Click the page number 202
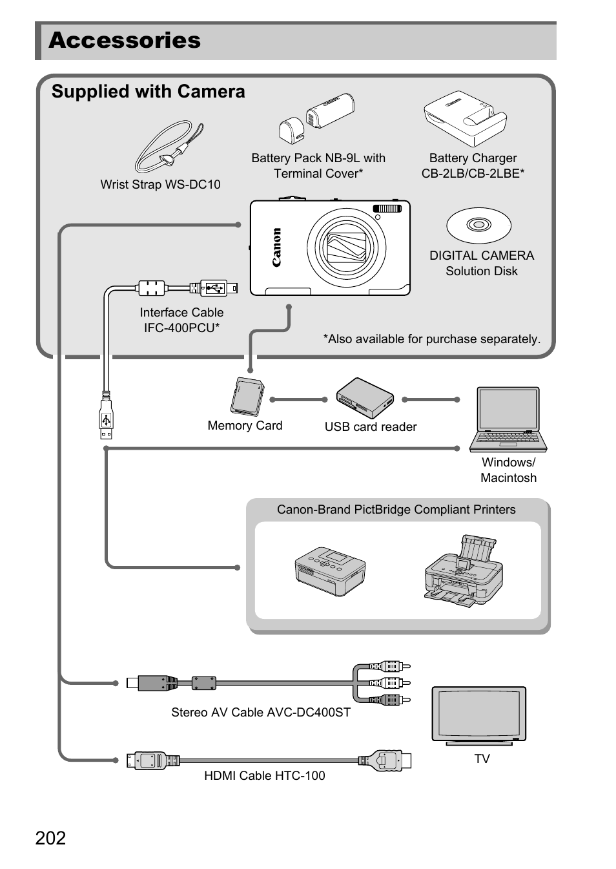(x=50, y=838)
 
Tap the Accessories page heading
(x=125, y=40)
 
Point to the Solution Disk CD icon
(x=478, y=225)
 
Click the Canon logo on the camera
(x=276, y=247)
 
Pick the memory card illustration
(x=247, y=397)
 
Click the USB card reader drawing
(x=365, y=398)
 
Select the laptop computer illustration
(x=508, y=419)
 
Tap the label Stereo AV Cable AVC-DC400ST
(x=260, y=712)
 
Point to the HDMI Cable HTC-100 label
(x=264, y=775)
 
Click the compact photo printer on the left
(x=330, y=571)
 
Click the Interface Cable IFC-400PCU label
(x=181, y=320)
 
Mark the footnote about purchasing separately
(x=431, y=339)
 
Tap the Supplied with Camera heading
(x=148, y=92)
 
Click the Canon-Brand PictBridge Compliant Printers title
(x=396, y=509)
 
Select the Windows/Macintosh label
(x=508, y=470)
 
